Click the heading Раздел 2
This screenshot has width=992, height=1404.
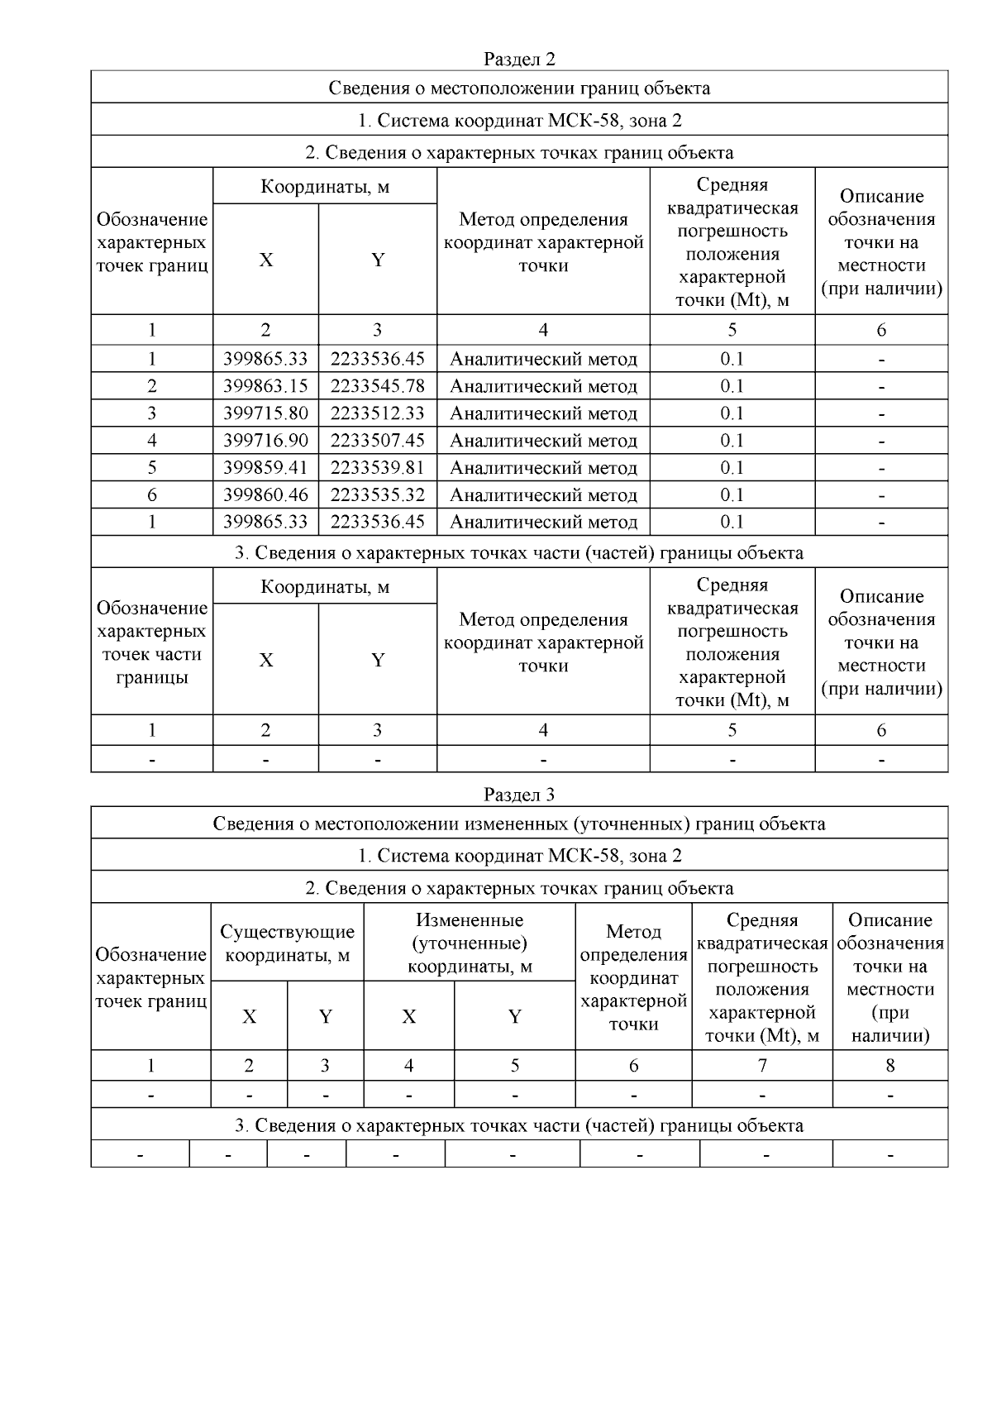519,60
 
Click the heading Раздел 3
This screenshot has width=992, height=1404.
519,795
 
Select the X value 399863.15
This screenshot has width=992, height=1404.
265,386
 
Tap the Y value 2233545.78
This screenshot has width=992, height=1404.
377,386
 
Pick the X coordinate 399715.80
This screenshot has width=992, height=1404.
265,413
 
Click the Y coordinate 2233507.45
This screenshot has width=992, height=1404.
377,441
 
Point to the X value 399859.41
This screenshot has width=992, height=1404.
265,468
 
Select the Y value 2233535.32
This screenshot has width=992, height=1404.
377,495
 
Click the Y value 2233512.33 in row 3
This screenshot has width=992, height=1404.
377,413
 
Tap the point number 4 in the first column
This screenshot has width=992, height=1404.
152,441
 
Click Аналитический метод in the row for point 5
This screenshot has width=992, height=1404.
543,468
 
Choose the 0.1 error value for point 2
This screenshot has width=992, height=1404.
732,386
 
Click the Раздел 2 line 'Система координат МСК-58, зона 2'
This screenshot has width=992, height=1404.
519,120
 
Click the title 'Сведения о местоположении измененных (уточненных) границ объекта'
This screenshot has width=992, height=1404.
519,824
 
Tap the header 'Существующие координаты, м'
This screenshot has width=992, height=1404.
287,943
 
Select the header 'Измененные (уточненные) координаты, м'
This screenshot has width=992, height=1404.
470,943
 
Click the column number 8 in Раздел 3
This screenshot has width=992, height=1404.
890,1066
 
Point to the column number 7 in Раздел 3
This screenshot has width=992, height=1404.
762,1066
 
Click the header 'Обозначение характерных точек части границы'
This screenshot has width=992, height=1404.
152,642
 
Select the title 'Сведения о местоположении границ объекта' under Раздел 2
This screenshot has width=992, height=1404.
519,88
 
